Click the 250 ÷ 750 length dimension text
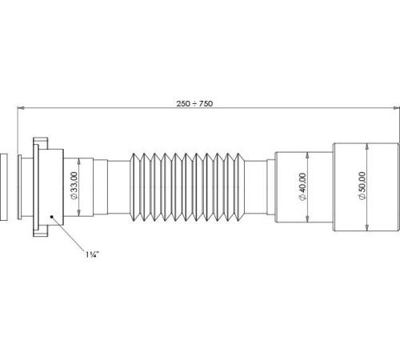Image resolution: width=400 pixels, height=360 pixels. click(x=194, y=103)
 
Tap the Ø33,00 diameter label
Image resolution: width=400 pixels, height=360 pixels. click(x=74, y=186)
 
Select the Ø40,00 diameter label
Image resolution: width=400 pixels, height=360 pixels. click(x=303, y=186)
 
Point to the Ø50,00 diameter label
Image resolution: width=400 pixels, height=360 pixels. click(x=362, y=186)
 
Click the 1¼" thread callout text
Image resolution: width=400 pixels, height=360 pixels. click(x=92, y=254)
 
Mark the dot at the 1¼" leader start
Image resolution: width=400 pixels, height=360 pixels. click(x=52, y=217)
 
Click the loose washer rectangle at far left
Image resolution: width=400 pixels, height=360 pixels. click(x=4, y=186)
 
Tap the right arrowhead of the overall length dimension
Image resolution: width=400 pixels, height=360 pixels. click(x=396, y=108)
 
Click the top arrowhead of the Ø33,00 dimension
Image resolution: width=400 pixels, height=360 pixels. click(x=79, y=162)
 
